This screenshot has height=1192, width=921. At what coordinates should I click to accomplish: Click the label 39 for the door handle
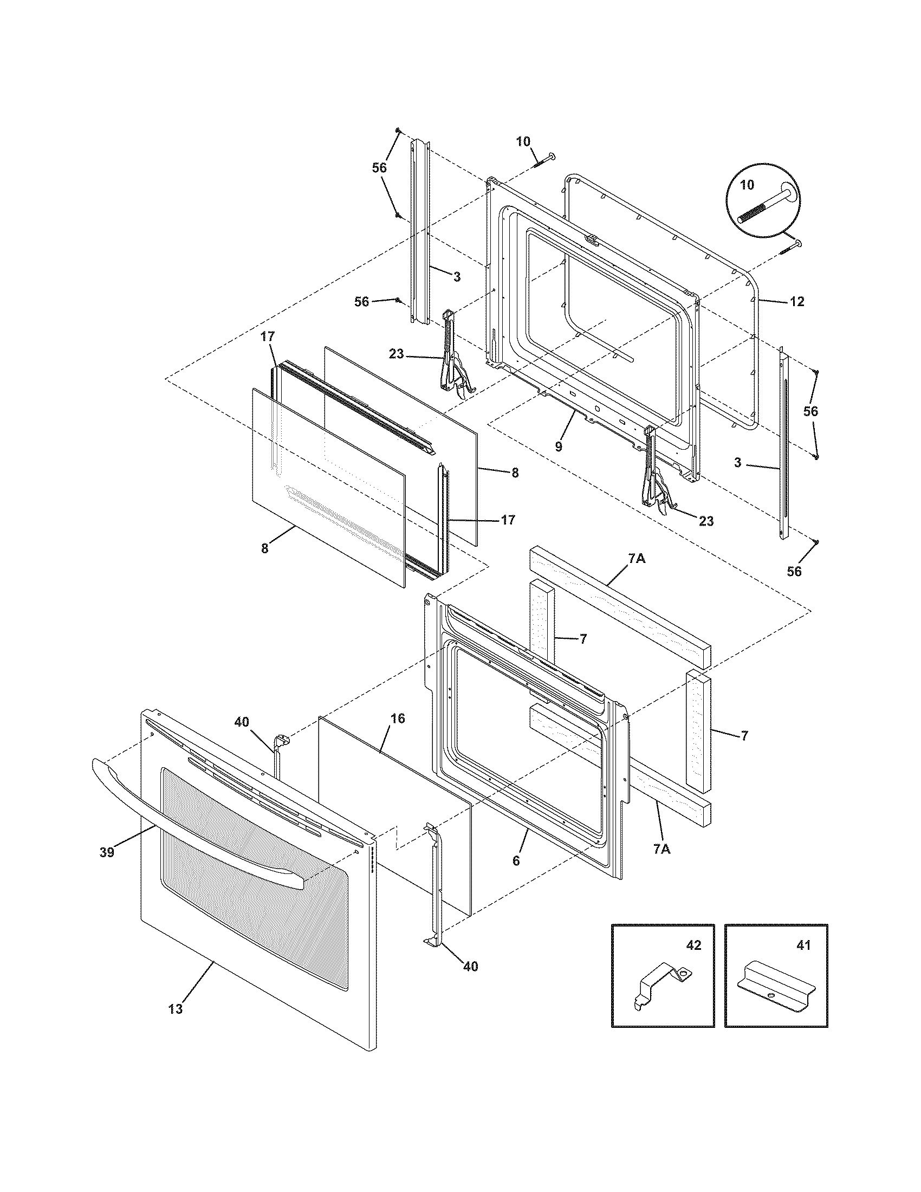[x=107, y=852]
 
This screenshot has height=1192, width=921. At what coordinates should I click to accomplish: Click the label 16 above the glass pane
[x=398, y=718]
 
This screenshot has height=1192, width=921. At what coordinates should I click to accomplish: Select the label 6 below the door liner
[x=516, y=861]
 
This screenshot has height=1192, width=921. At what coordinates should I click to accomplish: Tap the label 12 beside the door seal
[x=796, y=301]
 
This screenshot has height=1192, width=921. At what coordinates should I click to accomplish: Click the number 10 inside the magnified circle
[x=747, y=185]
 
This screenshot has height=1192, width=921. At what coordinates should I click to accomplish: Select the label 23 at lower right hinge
[x=706, y=521]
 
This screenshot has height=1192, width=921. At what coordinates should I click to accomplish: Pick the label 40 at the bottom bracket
[x=470, y=967]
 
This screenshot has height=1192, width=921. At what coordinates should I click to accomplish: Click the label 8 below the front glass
[x=264, y=548]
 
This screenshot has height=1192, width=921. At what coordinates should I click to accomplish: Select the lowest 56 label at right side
[x=794, y=572]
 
